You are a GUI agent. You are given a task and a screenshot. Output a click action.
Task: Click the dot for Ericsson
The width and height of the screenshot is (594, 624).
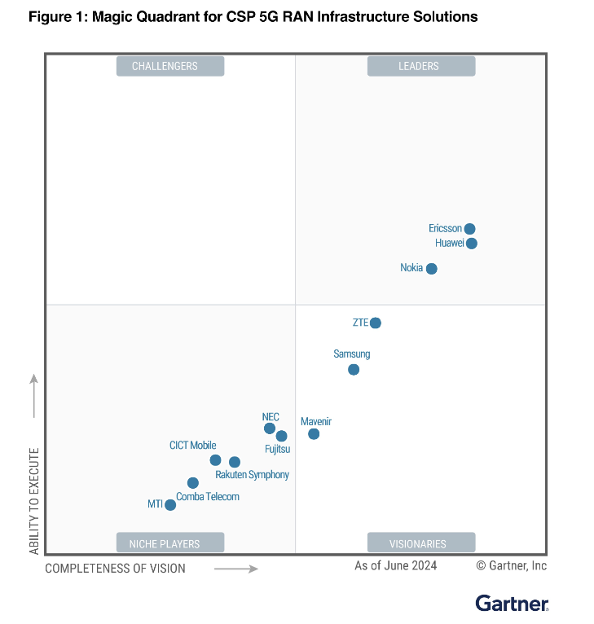(x=470, y=229)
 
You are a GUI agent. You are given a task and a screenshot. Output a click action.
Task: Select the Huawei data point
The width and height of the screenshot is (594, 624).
(x=472, y=244)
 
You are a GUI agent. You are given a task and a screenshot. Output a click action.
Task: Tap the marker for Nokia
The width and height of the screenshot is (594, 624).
(x=432, y=269)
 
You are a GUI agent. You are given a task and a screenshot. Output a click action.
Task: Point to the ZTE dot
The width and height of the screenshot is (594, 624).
(x=376, y=323)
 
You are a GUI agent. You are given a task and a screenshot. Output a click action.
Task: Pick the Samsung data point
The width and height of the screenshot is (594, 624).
(x=354, y=370)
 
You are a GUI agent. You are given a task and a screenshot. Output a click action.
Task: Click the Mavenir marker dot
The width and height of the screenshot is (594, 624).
(x=314, y=434)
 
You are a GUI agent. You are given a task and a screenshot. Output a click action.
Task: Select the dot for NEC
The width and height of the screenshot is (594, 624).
(x=270, y=428)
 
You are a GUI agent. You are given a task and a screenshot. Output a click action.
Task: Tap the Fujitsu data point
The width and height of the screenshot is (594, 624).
(x=282, y=436)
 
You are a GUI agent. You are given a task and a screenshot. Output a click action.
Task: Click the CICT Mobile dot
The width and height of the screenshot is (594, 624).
(x=216, y=460)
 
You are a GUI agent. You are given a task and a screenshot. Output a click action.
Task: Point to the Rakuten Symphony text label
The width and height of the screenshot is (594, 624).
(x=252, y=475)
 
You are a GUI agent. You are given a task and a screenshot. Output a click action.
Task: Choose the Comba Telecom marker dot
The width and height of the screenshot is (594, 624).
(x=193, y=483)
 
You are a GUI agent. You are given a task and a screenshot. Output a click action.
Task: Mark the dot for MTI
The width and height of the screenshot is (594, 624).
(x=170, y=505)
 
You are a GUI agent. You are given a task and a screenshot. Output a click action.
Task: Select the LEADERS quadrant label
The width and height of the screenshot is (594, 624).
(x=420, y=67)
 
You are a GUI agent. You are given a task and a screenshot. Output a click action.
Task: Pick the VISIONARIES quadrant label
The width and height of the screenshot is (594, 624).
(x=420, y=544)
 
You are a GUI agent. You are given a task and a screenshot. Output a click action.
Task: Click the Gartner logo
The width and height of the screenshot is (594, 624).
(x=512, y=604)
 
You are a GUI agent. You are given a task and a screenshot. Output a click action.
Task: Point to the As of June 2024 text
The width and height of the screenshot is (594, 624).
(x=395, y=566)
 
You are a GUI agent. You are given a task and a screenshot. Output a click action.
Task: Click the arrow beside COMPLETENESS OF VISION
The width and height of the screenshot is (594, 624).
(x=236, y=569)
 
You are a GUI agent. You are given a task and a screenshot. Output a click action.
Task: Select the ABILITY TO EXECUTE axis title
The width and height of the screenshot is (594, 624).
(x=34, y=501)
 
